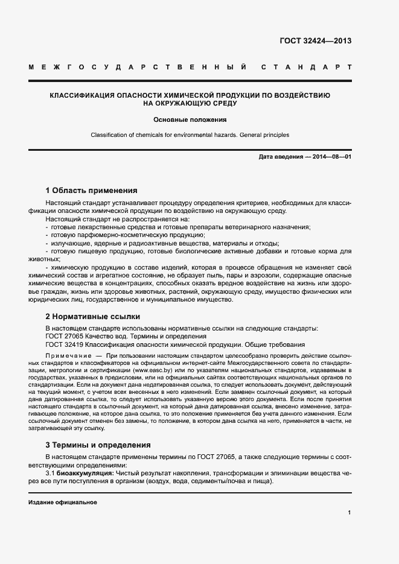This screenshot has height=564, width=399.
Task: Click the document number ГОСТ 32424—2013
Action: click(x=316, y=41)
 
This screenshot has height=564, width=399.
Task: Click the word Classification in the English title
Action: click(x=110, y=135)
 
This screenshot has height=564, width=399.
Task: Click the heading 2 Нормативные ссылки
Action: click(x=93, y=316)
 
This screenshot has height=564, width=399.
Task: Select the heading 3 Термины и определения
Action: click(x=98, y=445)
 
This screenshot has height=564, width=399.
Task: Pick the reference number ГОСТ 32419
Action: click(x=64, y=344)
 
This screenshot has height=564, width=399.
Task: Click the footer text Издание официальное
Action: click(x=63, y=502)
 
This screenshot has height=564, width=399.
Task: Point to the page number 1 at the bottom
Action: click(x=350, y=513)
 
